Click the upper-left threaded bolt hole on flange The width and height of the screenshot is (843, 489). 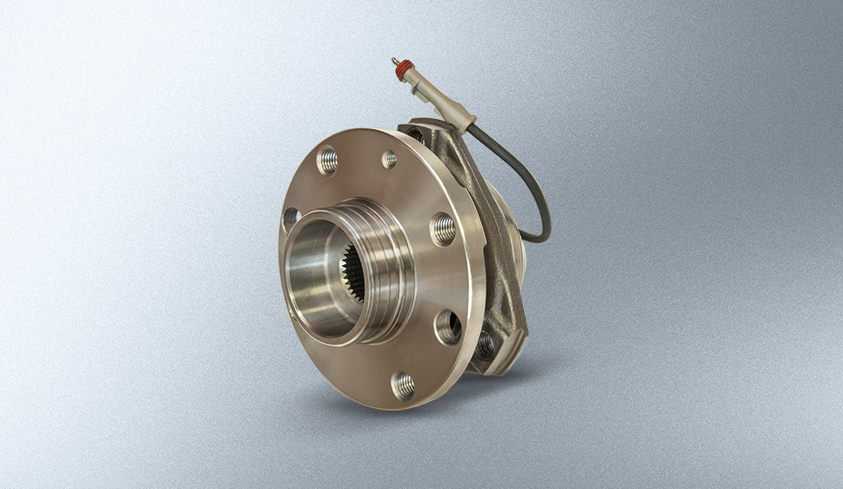[327, 161]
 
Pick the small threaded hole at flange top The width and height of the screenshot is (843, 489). [389, 159]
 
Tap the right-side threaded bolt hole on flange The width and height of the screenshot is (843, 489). [443, 229]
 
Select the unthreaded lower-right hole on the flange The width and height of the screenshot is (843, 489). [447, 327]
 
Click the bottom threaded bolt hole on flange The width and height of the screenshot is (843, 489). [402, 385]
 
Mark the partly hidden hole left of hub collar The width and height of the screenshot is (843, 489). [290, 219]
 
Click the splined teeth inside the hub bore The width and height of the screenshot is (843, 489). [352, 274]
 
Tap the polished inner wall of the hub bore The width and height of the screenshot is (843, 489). [314, 269]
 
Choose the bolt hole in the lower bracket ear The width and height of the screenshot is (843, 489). [485, 346]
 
